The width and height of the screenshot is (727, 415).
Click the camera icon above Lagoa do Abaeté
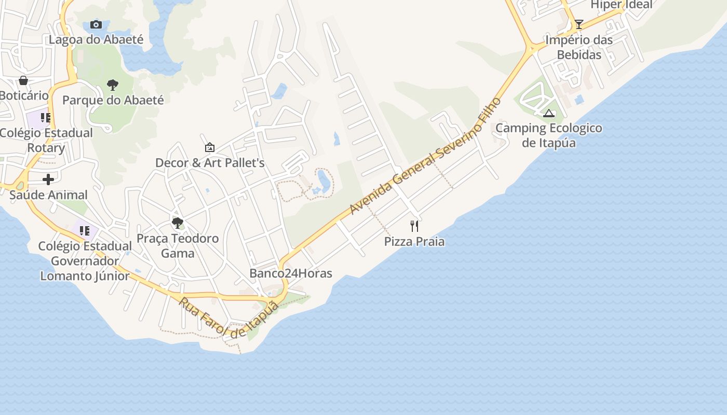(96, 24)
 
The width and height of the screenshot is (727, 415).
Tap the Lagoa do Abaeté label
(96, 39)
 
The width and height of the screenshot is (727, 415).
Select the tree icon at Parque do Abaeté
(112, 85)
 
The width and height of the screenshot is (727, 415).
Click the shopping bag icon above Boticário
(23, 80)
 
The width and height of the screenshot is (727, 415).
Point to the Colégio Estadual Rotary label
(46, 140)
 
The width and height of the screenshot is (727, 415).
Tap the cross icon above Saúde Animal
(48, 179)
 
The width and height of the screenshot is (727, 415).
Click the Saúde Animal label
(48, 195)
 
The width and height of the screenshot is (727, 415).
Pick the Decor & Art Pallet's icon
(209, 148)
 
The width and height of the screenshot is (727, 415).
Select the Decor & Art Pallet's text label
(210, 163)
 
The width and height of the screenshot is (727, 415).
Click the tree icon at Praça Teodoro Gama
(177, 223)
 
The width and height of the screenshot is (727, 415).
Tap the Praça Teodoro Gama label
(177, 246)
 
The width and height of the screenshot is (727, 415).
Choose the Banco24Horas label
(291, 273)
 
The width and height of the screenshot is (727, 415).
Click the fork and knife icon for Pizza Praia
(414, 226)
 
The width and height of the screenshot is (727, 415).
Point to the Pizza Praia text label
(414, 241)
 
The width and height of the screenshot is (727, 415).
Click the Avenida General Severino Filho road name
(425, 156)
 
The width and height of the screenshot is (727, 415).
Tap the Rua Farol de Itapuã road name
(229, 317)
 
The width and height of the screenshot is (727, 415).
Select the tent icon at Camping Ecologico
(549, 113)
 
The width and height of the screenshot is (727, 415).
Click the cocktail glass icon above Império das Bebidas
(579, 24)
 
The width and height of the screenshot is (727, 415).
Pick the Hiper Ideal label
(622, 5)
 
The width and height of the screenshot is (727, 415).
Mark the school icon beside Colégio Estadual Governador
(84, 231)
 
